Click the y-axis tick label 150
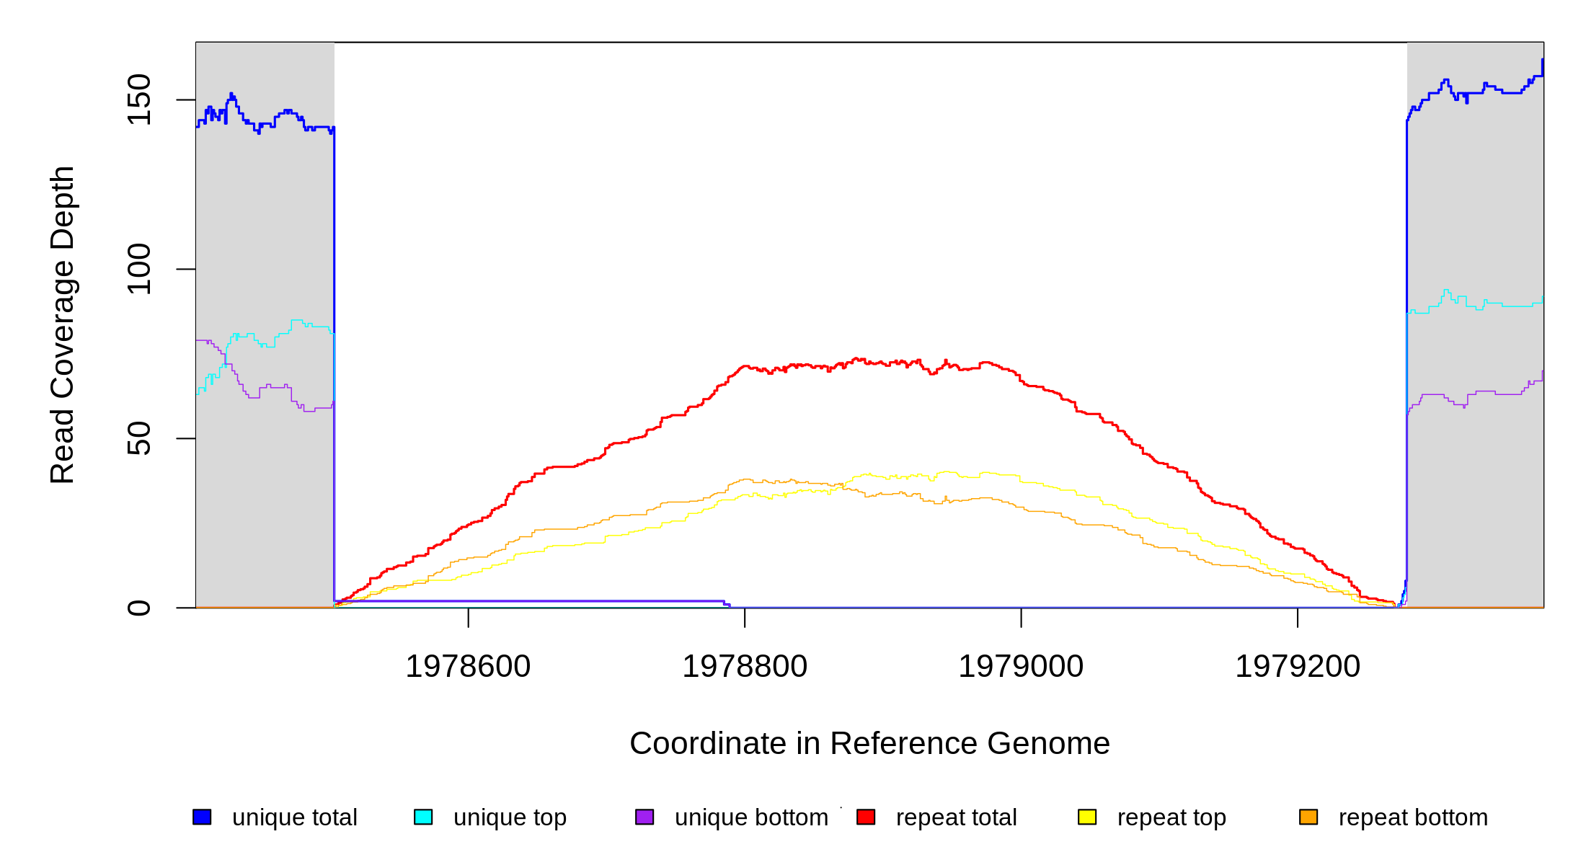[138, 99]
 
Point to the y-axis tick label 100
[138, 269]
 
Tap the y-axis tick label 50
[138, 438]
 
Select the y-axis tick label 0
[138, 608]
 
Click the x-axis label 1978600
[468, 666]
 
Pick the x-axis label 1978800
[745, 666]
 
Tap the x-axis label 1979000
[1021, 666]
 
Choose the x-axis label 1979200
[1298, 666]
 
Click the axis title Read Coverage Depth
[63, 325]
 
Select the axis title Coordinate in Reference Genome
[869, 743]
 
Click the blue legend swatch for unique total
[202, 817]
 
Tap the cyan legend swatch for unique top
[423, 817]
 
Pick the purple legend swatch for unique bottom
[644, 817]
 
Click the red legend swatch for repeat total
[866, 817]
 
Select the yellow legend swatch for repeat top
[1087, 817]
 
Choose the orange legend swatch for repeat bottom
[1308, 817]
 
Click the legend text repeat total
[956, 817]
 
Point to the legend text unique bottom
[751, 817]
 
